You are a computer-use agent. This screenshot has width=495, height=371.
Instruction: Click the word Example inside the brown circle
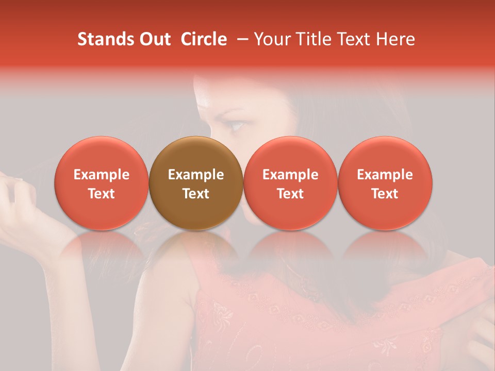pyautogui.click(x=196, y=175)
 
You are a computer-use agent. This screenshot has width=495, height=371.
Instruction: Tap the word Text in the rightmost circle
pyautogui.click(x=385, y=194)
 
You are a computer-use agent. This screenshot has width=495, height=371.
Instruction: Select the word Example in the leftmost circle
pyautogui.click(x=102, y=175)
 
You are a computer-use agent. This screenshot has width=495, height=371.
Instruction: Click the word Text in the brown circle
pyautogui.click(x=196, y=194)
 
